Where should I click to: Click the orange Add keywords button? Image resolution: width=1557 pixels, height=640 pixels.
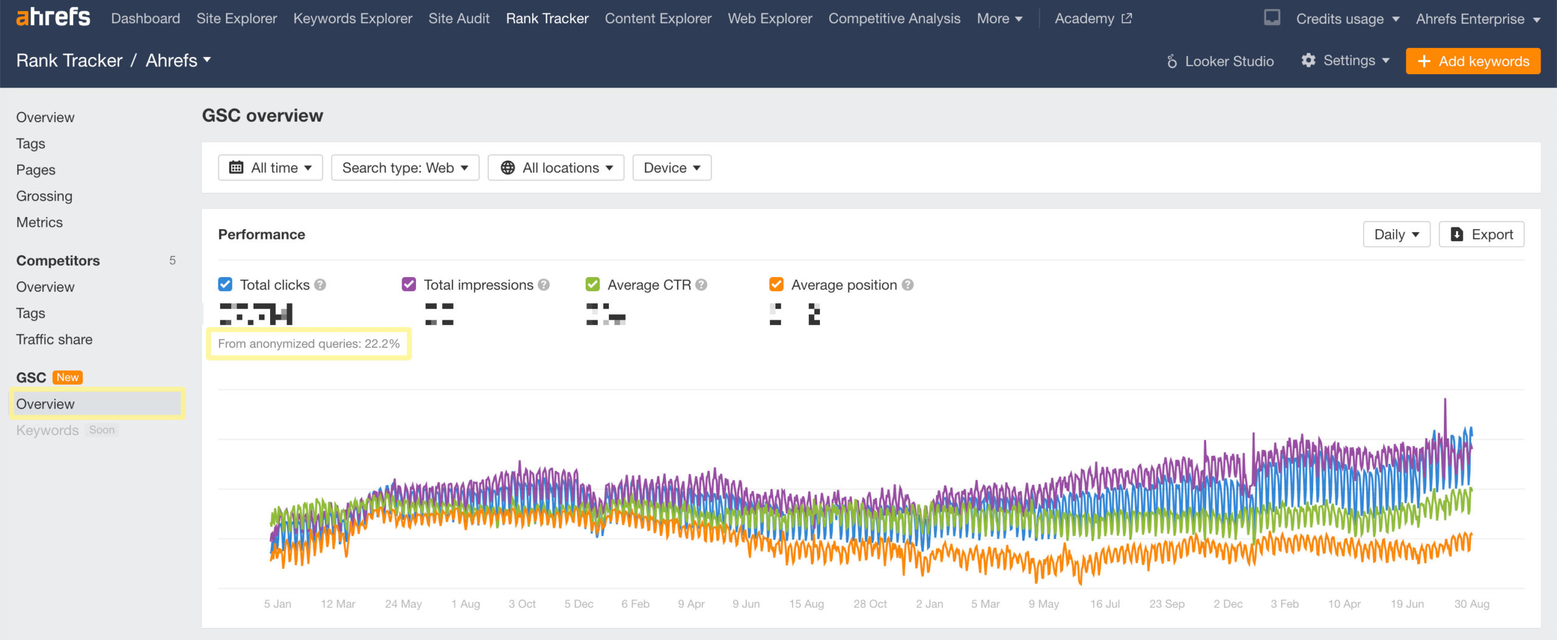(1472, 61)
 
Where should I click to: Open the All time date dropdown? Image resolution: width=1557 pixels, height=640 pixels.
(270, 168)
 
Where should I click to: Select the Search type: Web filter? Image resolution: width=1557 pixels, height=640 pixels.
(405, 168)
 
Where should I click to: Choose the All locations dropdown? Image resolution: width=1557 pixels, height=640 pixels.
(556, 168)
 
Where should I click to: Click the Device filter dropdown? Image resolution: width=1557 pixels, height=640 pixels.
(671, 168)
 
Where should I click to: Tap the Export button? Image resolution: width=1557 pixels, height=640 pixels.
(1481, 235)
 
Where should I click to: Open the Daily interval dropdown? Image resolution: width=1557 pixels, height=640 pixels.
(1396, 235)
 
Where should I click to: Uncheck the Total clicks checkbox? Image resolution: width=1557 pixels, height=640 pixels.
(225, 284)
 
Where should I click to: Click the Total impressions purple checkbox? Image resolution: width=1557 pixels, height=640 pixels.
(409, 284)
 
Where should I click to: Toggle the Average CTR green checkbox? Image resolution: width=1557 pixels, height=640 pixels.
(592, 284)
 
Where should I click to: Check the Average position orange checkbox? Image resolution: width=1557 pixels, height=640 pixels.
(776, 284)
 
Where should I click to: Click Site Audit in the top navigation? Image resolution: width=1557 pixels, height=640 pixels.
(459, 19)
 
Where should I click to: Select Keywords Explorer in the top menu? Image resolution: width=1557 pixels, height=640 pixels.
(352, 19)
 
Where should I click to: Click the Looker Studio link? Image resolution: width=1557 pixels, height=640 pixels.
(1220, 61)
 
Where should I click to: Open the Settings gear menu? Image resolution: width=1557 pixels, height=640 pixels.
(1345, 61)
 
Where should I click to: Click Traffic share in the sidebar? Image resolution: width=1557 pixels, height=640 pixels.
(54, 339)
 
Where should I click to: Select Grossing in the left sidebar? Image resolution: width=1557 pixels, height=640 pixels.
(44, 196)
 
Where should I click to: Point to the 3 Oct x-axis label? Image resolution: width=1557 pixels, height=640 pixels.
(522, 604)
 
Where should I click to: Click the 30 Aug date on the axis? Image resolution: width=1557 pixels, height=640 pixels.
(1471, 604)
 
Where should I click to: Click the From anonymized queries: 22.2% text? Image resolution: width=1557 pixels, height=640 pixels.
(308, 344)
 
